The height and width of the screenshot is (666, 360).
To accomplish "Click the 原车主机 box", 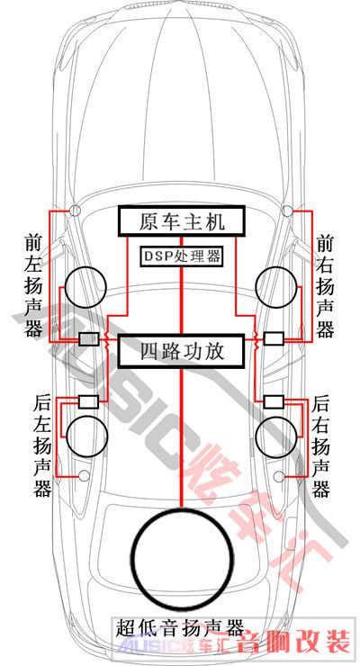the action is tap(181, 220).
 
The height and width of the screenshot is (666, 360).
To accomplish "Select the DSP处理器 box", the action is tap(181, 256).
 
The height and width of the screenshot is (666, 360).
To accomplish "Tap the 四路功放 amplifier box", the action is tap(181, 351).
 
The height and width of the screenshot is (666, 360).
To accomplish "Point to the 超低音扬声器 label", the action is tap(180, 628).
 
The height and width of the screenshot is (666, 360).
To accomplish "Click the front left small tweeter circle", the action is tap(75, 210).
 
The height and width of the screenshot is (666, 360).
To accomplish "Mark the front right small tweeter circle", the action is tap(287, 210).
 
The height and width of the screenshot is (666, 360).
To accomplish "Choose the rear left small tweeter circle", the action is tap(85, 476).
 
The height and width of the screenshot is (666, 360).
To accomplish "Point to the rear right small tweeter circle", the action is tap(279, 477).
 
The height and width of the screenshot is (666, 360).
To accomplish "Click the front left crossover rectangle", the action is tap(89, 339).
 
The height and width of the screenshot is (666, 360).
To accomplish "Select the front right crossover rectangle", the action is tap(274, 338).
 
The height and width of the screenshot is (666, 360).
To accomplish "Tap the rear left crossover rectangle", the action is tap(89, 401).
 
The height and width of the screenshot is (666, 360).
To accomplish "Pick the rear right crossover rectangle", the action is tap(274, 401).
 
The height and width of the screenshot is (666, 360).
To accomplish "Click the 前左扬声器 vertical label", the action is tap(33, 285).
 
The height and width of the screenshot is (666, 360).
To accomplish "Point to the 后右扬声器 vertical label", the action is tap(321, 446).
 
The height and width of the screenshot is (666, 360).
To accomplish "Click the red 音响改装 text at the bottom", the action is tap(294, 640).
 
